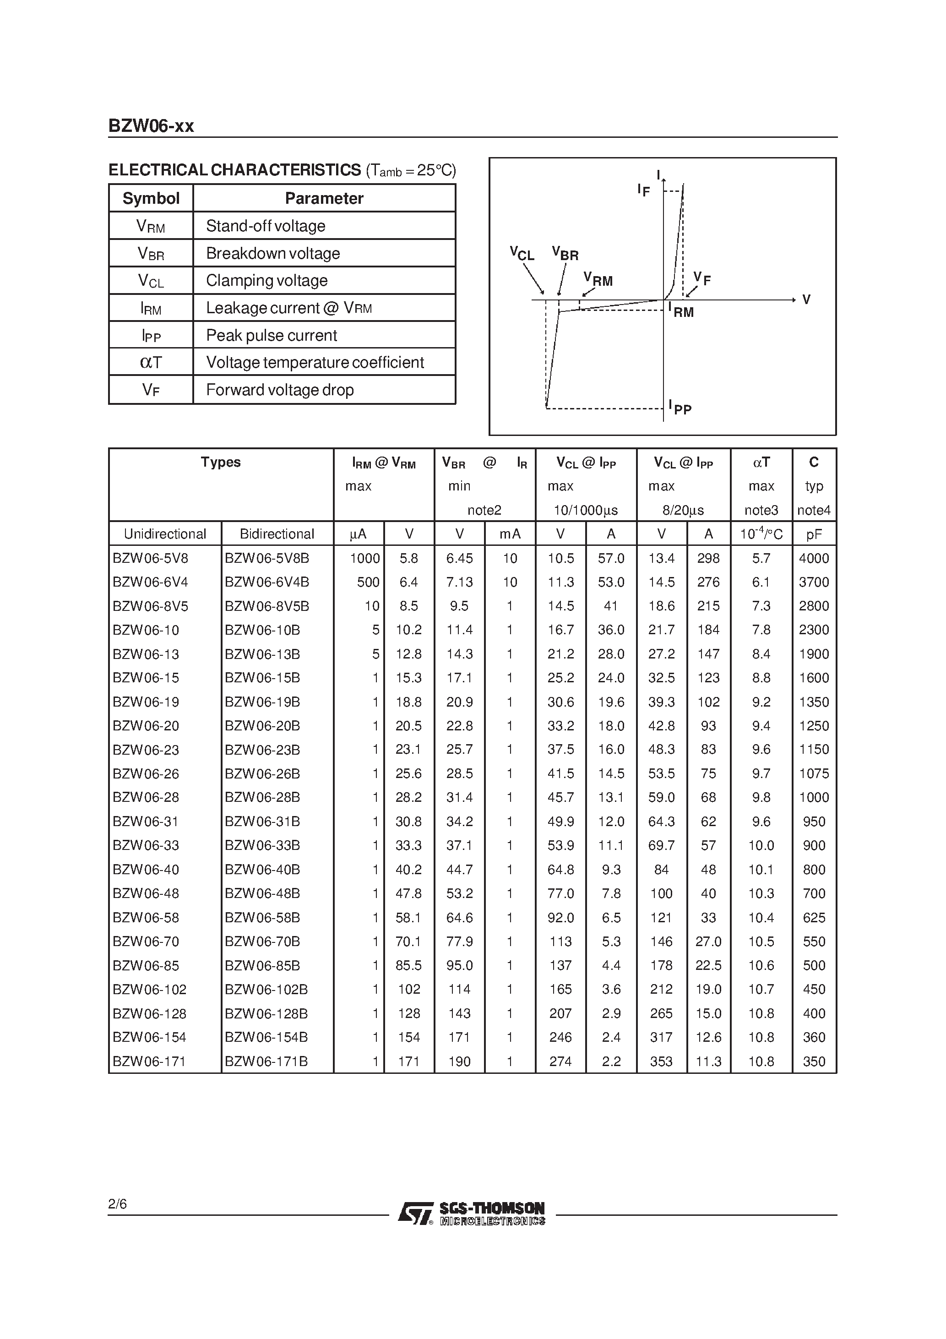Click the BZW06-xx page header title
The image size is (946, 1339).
pos(151,126)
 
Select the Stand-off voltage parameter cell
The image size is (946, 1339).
pos(266,226)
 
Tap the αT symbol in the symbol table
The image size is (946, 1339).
pos(151,362)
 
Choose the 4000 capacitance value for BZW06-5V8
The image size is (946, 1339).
pos(814,558)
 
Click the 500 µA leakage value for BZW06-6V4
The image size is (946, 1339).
pos(368,582)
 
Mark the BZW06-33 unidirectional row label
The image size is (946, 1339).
pos(146,845)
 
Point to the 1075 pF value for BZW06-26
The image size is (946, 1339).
pos(814,773)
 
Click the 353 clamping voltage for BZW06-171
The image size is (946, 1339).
pos(661,1061)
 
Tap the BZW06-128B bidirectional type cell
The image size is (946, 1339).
pos(266,1013)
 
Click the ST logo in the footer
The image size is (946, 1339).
pos(415,1213)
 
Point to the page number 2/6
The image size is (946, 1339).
pos(117,1204)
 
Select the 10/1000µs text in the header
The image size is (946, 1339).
pos(586,510)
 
